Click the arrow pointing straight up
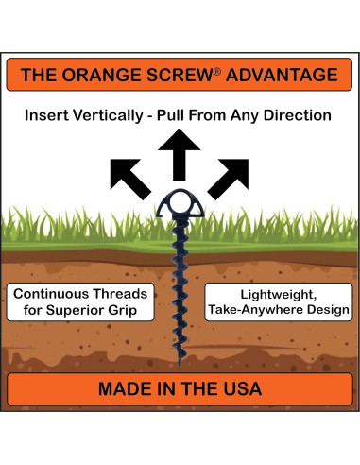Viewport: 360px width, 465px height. [x=180, y=154]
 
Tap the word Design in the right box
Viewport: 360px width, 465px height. [x=324, y=310]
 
